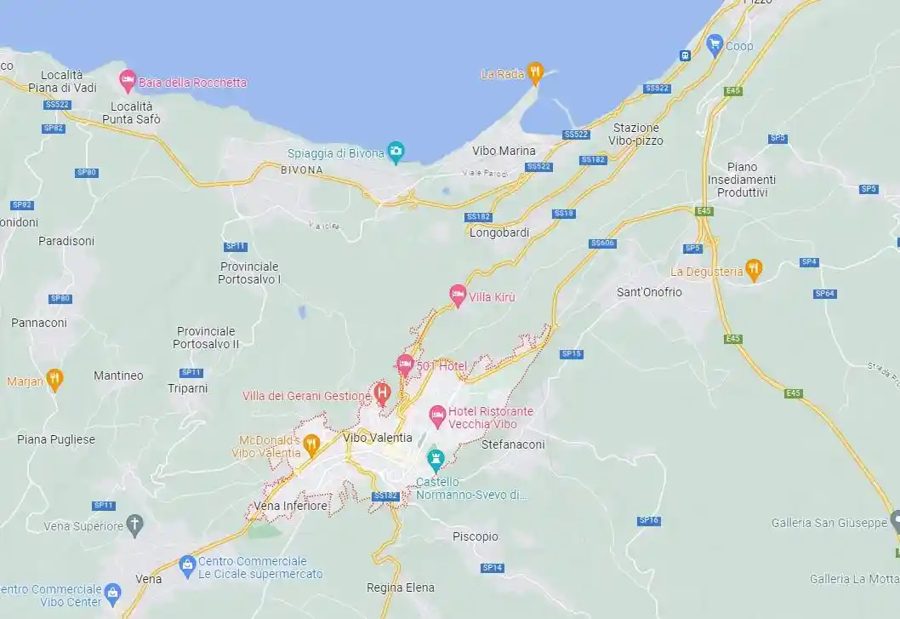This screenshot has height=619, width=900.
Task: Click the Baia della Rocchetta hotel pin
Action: [128, 81]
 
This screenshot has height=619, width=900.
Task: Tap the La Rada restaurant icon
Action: [534, 73]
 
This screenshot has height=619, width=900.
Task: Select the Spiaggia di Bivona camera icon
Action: [395, 152]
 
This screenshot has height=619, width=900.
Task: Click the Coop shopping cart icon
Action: [715, 43]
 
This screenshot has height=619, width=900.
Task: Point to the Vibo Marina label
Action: [504, 151]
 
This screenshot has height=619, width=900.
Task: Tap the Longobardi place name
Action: [498, 232]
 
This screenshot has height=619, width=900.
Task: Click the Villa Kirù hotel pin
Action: [458, 295]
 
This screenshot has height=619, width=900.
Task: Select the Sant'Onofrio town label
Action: [649, 292]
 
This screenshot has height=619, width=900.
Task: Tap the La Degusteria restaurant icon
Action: [753, 269]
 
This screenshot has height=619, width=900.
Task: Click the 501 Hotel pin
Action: [406, 364]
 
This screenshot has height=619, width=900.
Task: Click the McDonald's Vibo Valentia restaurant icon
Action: [311, 443]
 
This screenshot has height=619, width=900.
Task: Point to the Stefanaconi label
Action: [513, 444]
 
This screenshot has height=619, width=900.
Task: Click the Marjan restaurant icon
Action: [55, 379]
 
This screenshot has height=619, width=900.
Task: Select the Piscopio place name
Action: [476, 536]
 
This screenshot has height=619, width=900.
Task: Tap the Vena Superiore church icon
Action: [135, 524]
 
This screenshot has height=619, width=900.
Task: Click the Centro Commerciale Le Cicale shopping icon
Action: [187, 565]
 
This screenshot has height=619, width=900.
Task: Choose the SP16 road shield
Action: [649, 520]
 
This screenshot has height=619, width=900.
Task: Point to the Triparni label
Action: [187, 388]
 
